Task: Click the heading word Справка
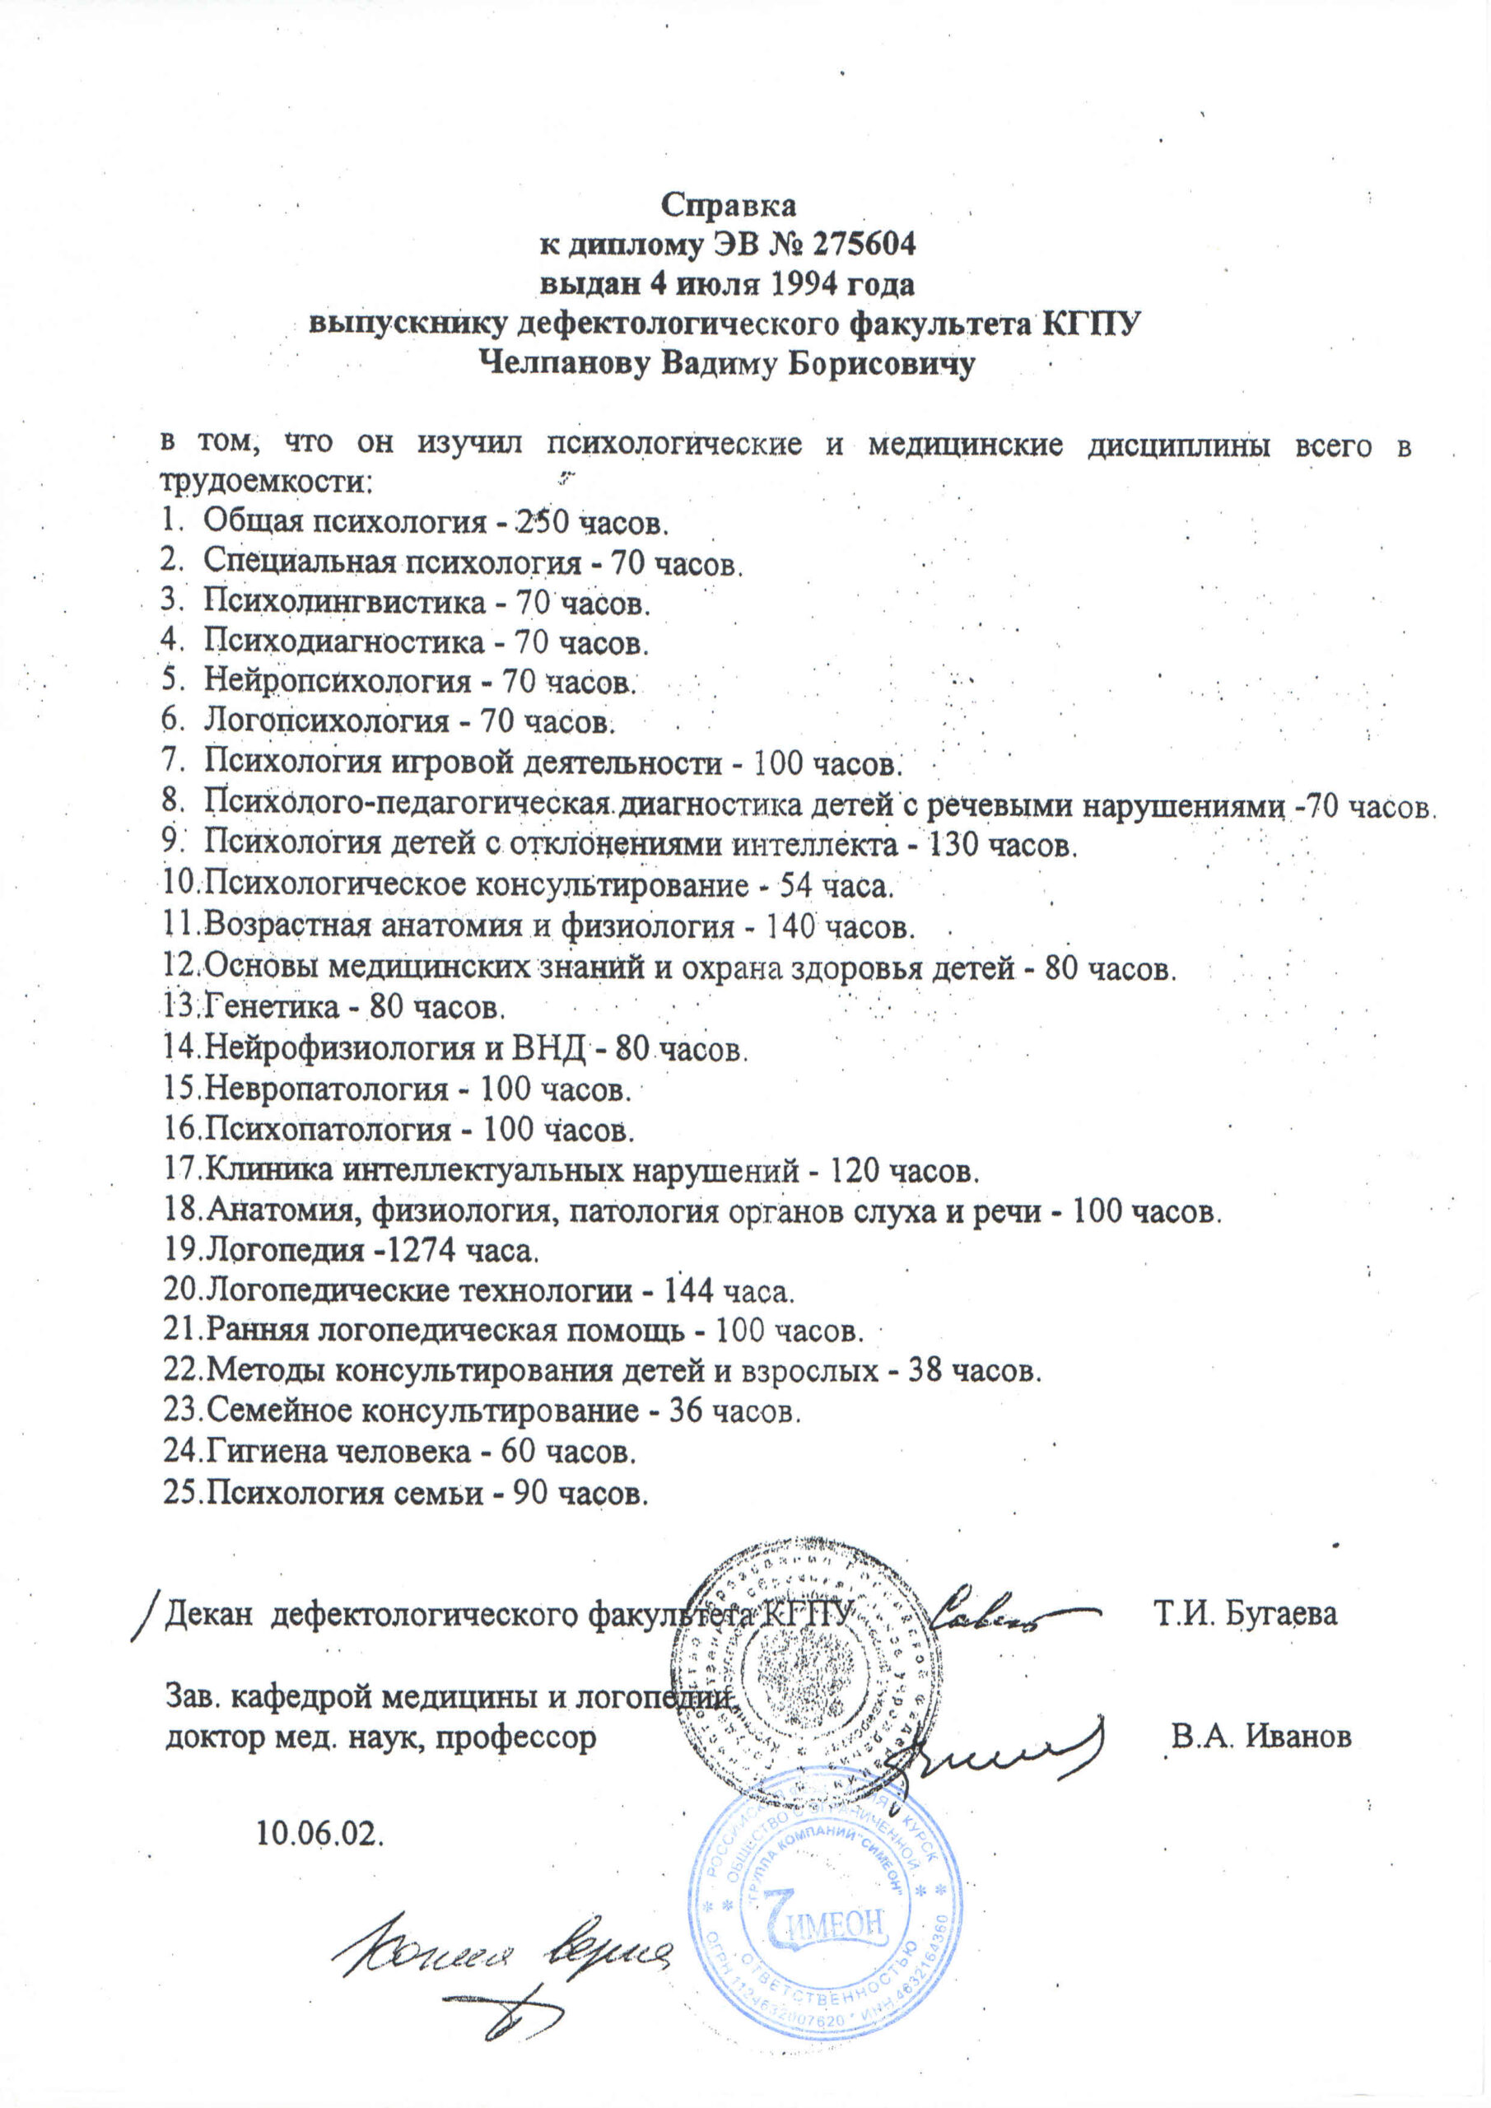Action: click(x=730, y=205)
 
